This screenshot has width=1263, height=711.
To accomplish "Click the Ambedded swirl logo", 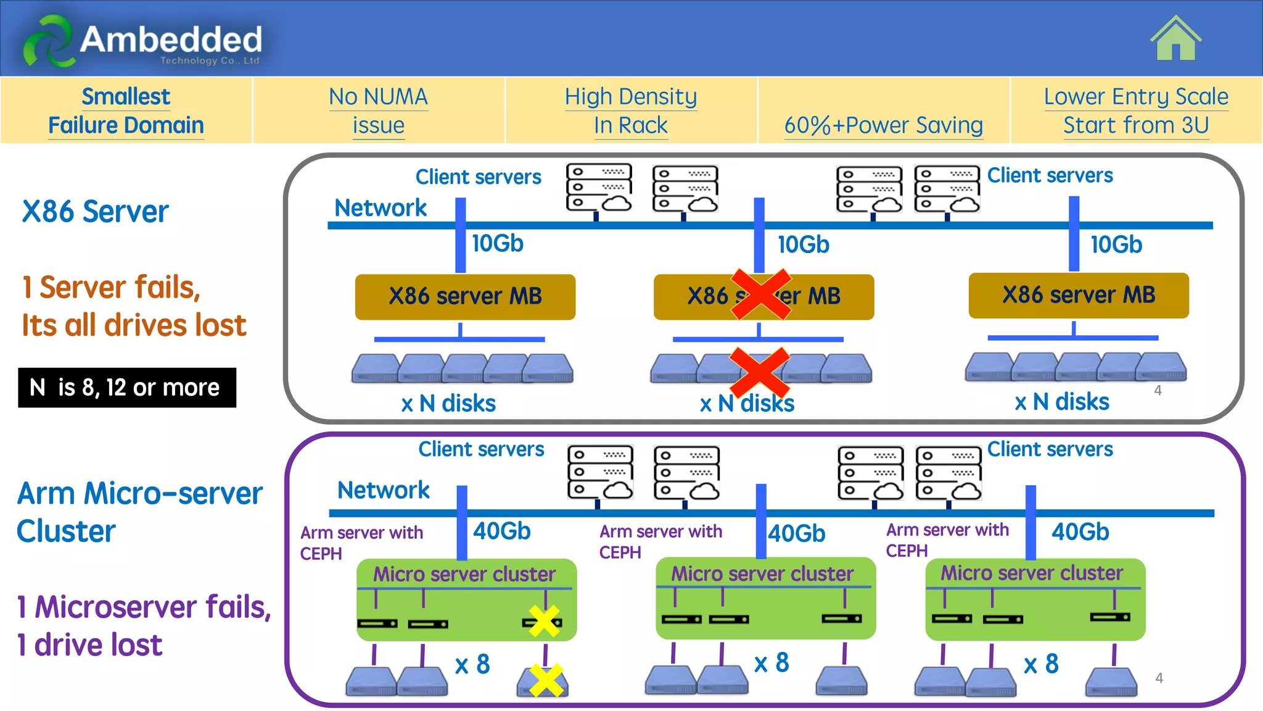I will (x=48, y=41).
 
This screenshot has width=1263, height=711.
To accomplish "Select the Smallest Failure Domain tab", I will (x=126, y=110).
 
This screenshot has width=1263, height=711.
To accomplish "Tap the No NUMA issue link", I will (x=378, y=110).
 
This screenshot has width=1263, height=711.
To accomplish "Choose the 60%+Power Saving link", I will (x=883, y=125).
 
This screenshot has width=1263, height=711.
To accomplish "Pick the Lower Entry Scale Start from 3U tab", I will (x=1136, y=110).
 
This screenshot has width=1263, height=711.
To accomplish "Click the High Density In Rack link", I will (x=630, y=110).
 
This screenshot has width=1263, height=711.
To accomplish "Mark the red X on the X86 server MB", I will (x=761, y=294).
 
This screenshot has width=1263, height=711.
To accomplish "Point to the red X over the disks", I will (x=759, y=372).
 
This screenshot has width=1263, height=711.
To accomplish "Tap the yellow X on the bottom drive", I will (x=546, y=680).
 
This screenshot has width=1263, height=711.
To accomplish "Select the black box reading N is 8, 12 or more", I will (x=127, y=388).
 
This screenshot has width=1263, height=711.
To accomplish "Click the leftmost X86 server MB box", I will (x=465, y=297).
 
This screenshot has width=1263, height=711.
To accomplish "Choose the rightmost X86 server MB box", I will (x=1078, y=296).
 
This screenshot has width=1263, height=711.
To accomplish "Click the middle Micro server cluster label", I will (x=762, y=573).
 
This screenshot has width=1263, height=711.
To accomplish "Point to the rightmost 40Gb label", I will (x=1080, y=531).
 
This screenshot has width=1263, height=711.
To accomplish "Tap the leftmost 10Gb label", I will (x=497, y=243).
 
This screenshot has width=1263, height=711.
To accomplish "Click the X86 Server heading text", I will (x=95, y=212).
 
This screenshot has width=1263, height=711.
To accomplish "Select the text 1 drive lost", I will (x=90, y=645).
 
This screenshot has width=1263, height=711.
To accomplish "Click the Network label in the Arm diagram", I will (x=383, y=490).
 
